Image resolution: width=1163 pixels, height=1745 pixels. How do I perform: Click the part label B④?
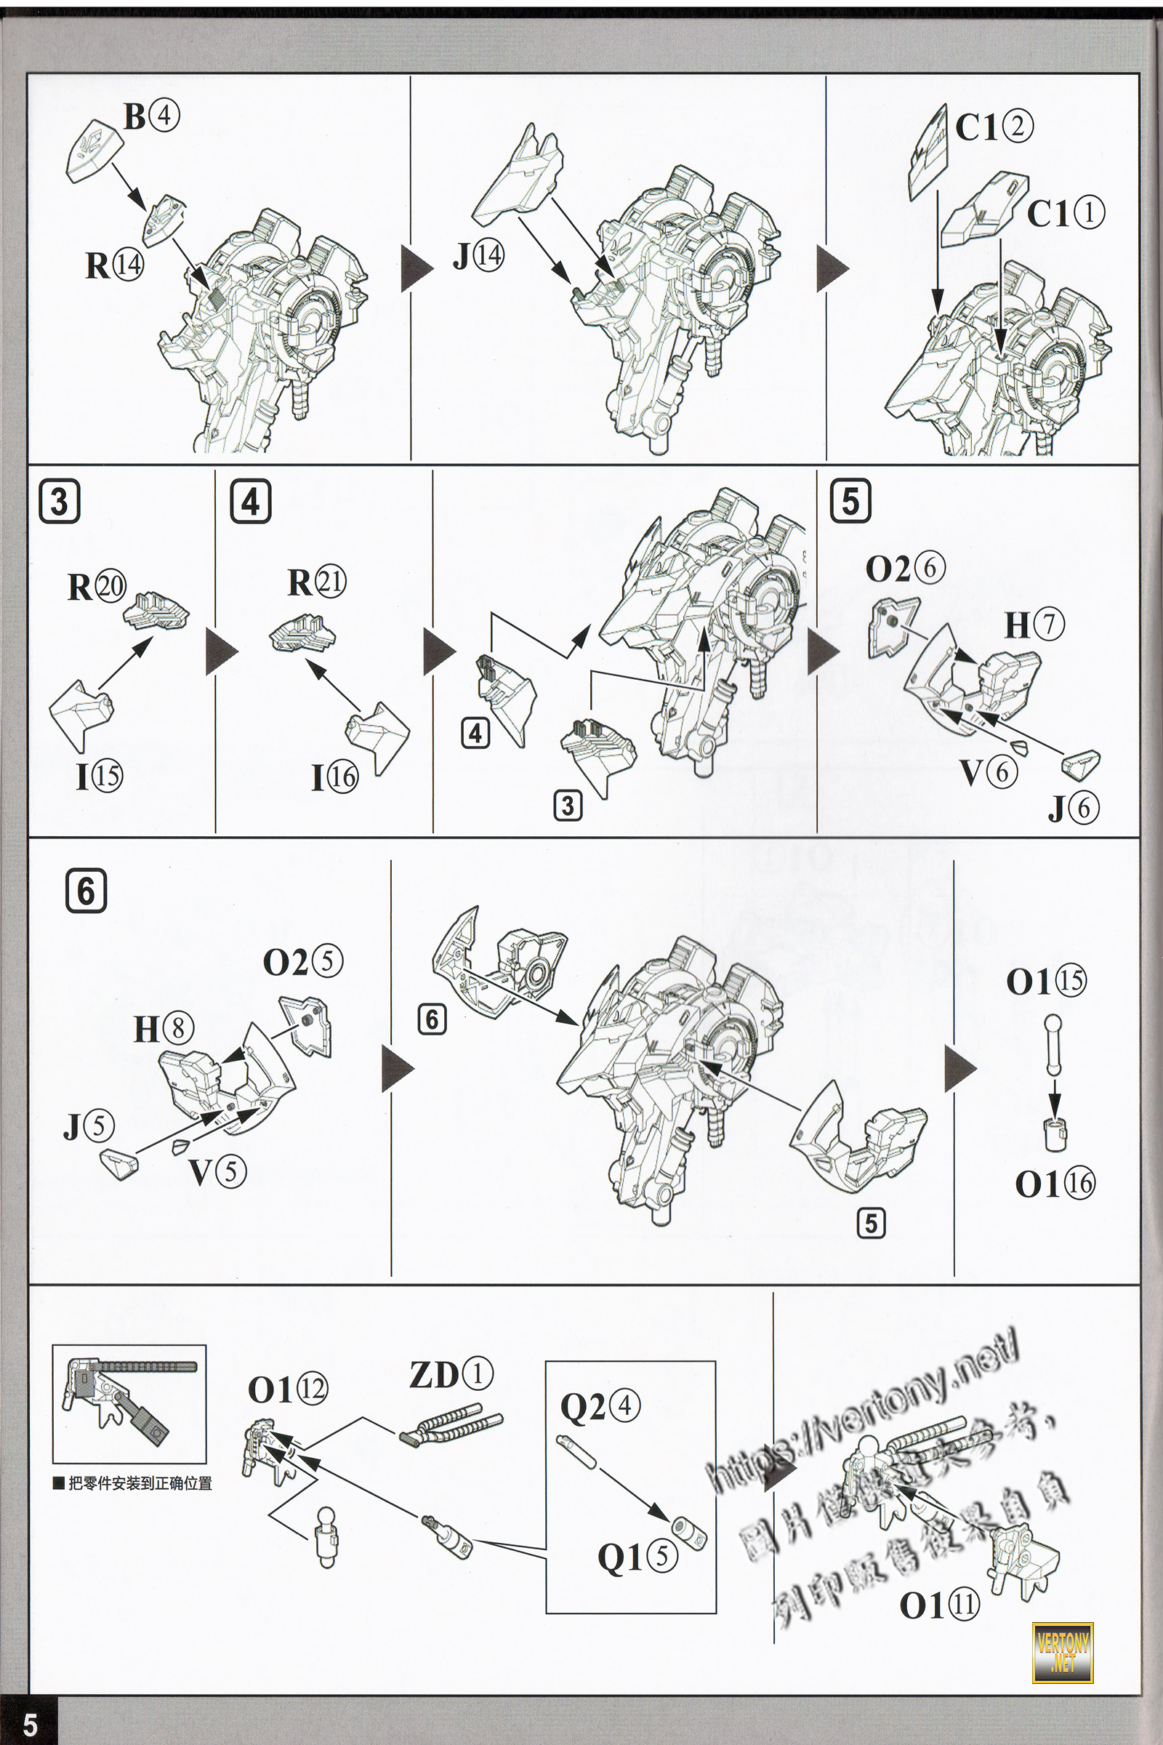point(151,116)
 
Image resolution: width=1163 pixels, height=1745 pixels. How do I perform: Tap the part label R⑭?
point(114,265)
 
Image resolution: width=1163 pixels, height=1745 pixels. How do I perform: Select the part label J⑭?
point(478,256)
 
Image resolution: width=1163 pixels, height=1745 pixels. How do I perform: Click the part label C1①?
point(1065,214)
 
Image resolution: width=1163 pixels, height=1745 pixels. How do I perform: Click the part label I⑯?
point(334,777)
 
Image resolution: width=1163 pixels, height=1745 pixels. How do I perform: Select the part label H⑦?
point(1034,625)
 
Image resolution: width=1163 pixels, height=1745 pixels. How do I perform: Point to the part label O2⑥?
point(905,569)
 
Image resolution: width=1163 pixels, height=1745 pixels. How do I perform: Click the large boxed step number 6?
point(86,890)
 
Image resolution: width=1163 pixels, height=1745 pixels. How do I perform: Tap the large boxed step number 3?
point(60,502)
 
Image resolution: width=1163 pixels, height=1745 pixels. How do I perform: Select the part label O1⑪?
point(939,1606)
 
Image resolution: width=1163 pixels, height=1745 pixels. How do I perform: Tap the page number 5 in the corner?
point(31,1722)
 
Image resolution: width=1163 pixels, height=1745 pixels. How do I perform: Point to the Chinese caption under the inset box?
point(133,1484)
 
